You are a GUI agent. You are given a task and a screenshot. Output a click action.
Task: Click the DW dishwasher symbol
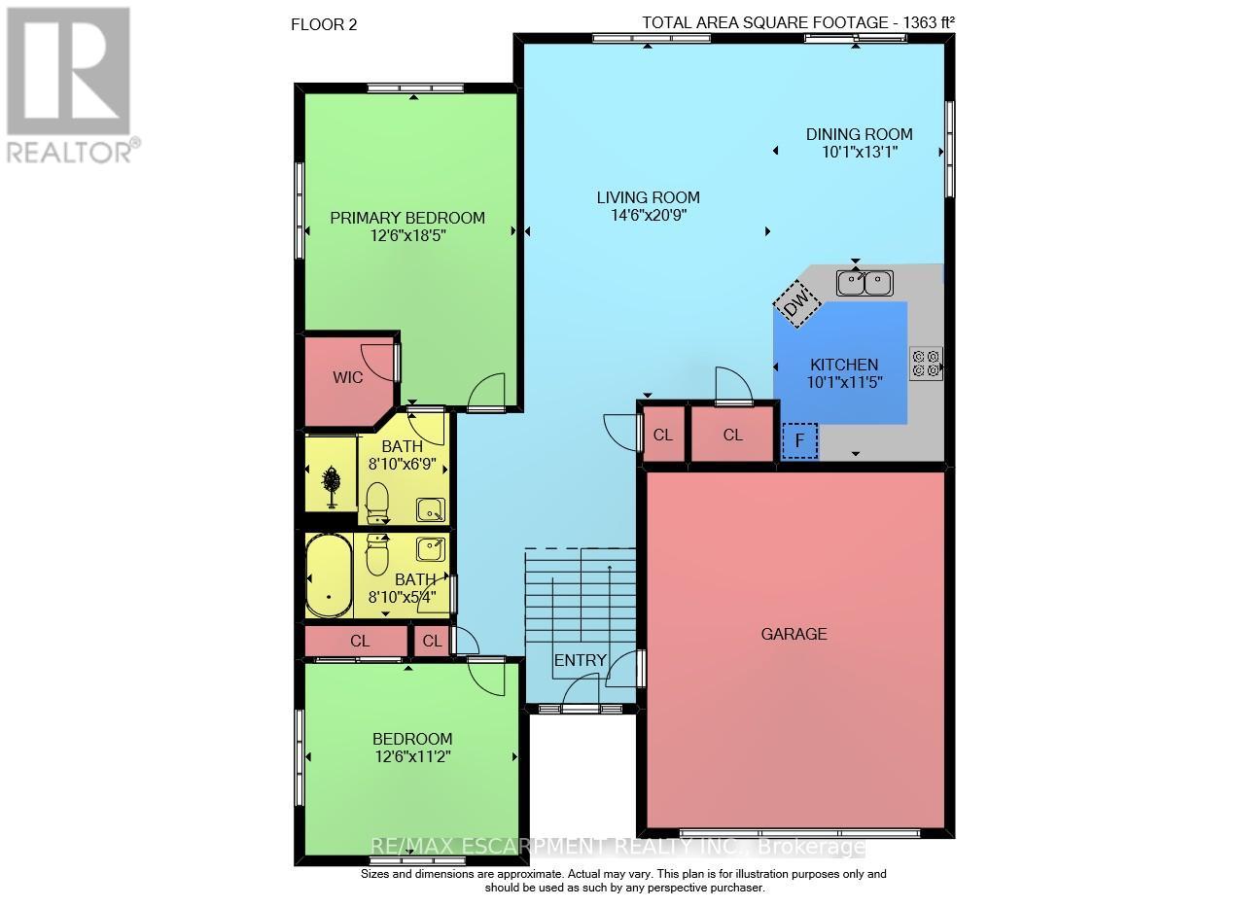click(796, 304)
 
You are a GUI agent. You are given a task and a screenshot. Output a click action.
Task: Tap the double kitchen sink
click(864, 283)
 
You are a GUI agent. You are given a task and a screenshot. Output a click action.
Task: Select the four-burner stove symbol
click(926, 364)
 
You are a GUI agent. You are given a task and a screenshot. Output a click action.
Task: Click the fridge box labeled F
click(800, 440)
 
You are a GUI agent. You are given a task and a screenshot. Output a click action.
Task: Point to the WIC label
click(348, 377)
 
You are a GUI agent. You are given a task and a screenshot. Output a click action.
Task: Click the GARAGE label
click(794, 634)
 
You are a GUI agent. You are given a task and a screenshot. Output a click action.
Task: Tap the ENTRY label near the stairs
click(580, 660)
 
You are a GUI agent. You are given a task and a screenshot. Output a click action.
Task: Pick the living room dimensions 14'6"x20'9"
click(649, 215)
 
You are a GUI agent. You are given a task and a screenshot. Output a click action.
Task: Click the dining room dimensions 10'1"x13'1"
click(860, 152)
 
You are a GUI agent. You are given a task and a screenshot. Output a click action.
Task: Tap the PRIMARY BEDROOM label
click(407, 218)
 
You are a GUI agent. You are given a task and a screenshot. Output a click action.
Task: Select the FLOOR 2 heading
click(324, 25)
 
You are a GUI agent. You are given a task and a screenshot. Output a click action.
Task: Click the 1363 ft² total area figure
click(929, 22)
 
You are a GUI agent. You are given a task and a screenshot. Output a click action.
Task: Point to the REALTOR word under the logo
click(69, 154)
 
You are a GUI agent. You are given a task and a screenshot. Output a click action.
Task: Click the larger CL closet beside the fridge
click(732, 435)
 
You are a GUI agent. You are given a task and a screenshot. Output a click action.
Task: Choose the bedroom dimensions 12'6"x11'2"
click(413, 756)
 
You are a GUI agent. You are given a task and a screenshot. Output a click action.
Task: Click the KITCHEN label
click(844, 365)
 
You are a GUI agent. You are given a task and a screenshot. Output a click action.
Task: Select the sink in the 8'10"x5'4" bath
click(430, 549)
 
